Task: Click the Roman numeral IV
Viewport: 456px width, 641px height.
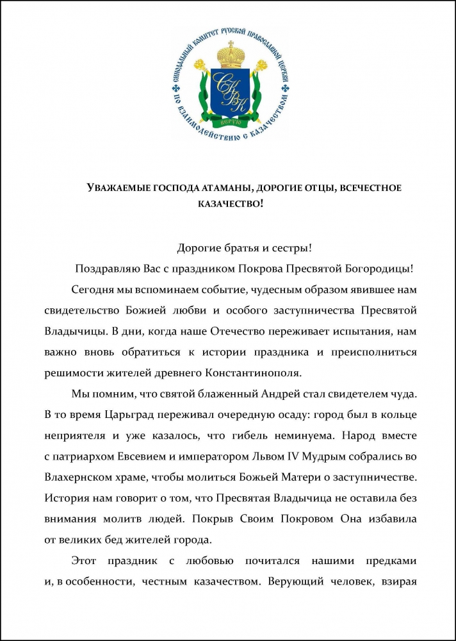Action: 286,455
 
